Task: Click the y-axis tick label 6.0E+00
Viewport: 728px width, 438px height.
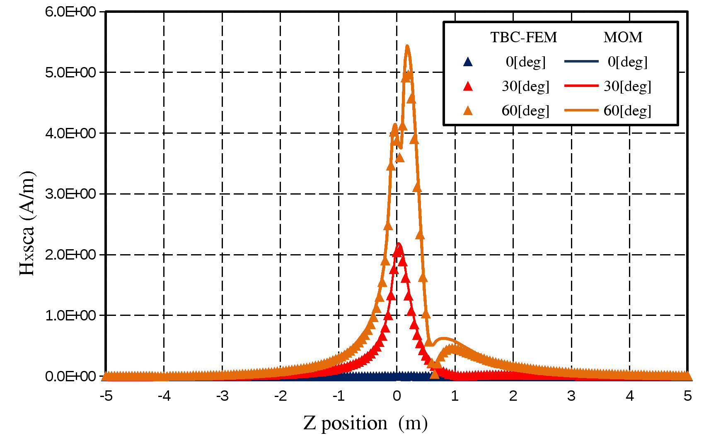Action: coord(70,12)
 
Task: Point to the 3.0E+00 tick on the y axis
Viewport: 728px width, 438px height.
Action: coord(70,194)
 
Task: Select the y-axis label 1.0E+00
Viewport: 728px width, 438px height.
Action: coord(70,315)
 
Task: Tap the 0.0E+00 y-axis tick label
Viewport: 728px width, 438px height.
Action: coord(70,376)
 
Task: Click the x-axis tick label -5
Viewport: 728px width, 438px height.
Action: coord(106,396)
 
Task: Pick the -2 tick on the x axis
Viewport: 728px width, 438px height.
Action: coord(281,396)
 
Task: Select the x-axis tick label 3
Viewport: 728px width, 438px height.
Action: coord(571,396)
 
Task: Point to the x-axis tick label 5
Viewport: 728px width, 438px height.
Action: coord(688,396)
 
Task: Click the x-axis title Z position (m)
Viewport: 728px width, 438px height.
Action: coord(365,423)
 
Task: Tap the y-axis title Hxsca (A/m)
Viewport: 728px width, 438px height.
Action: coord(27,223)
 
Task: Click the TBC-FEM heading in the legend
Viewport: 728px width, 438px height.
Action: coord(524,37)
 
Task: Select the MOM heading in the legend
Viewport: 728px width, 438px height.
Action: coord(623,37)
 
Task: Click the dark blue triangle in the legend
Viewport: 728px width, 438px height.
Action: coord(468,62)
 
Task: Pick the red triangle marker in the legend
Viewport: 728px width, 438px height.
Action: coord(468,86)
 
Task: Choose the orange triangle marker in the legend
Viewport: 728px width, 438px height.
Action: coord(468,111)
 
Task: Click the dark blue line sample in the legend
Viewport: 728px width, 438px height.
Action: coord(581,62)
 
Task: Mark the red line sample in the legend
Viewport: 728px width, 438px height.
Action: coord(581,86)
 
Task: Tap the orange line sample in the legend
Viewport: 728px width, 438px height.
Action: coord(581,110)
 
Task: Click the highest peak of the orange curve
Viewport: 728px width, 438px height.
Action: coord(407,46)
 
